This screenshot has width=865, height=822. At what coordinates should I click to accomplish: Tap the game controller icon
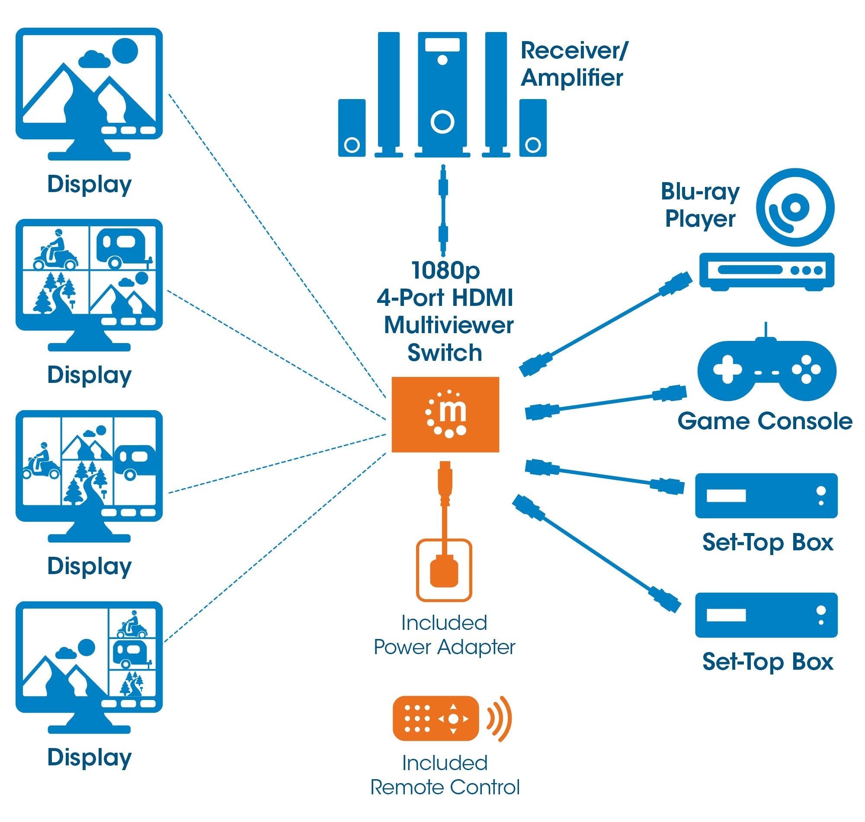pos(766,370)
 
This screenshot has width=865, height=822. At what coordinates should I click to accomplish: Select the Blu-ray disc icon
pos(795,208)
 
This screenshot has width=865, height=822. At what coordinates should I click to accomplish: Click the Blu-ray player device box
pos(766,271)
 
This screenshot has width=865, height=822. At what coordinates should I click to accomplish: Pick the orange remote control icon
pos(436,719)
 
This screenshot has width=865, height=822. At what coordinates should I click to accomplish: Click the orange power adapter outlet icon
pos(444,570)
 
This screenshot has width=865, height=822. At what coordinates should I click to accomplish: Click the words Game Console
pos(764,421)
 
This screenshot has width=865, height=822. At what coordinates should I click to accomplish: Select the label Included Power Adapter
pos(444,635)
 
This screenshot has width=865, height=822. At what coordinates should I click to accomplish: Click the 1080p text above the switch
pos(445,270)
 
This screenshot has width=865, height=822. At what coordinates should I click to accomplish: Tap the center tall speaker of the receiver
pos(442,94)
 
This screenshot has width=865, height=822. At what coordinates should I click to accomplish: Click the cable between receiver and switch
pos(443,211)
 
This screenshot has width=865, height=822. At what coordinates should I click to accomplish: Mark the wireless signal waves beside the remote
pos(500,719)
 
